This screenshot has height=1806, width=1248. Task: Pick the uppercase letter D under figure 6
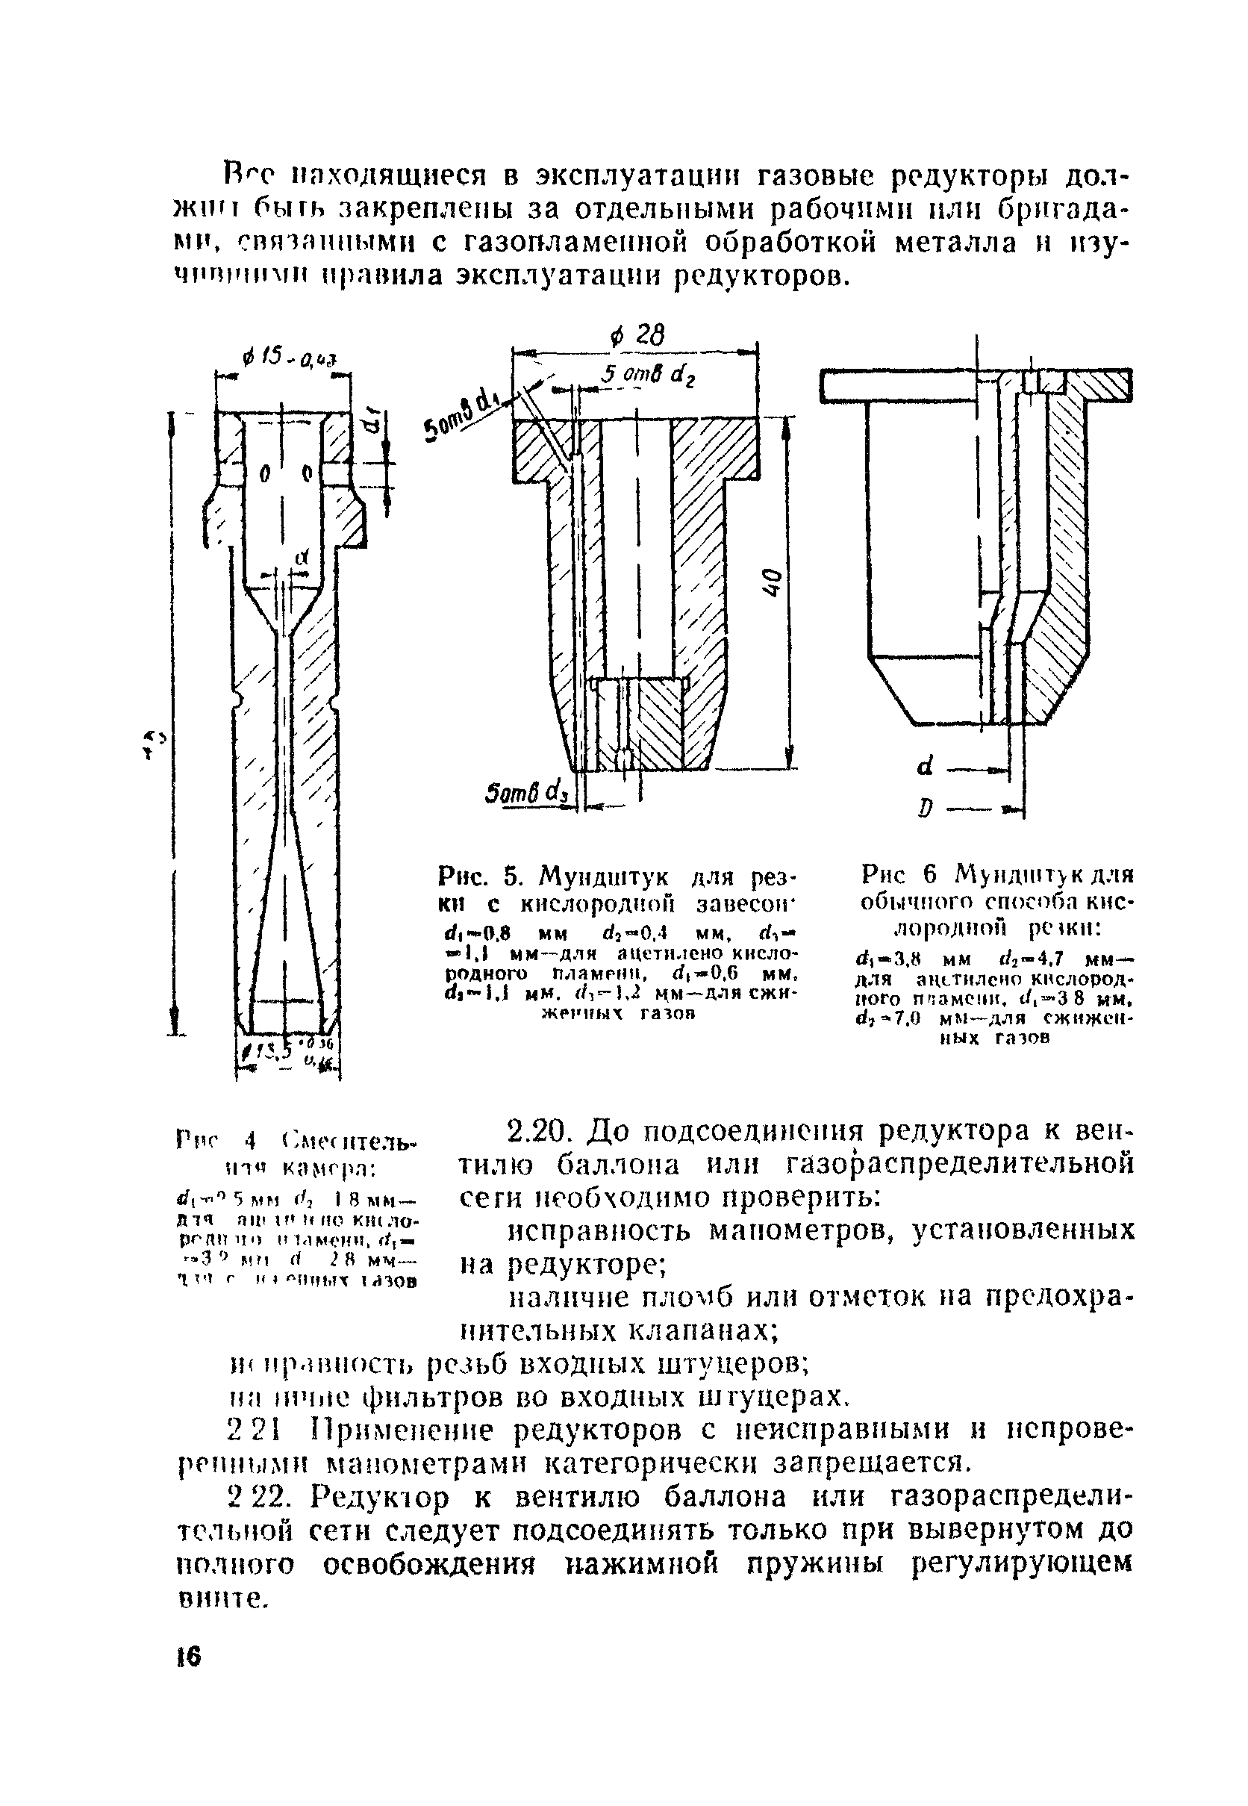(926, 809)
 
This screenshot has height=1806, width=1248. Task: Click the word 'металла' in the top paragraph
(955, 243)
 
